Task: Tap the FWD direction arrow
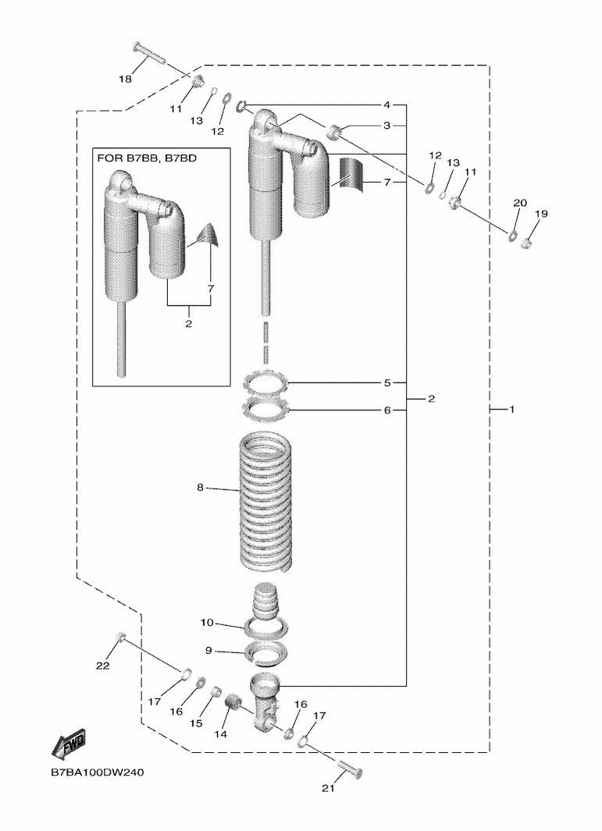[x=68, y=745]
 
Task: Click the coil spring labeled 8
[x=265, y=499]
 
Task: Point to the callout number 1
[x=512, y=409]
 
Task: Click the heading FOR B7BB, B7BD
[x=147, y=158]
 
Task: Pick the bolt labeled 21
[x=349, y=770]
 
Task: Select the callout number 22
[x=102, y=666]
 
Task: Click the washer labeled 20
[x=513, y=236]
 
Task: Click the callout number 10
[x=206, y=623]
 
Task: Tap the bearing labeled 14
[x=232, y=708]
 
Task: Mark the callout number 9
[x=208, y=650]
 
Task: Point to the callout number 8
[x=200, y=488]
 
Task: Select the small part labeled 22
[x=121, y=638]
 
